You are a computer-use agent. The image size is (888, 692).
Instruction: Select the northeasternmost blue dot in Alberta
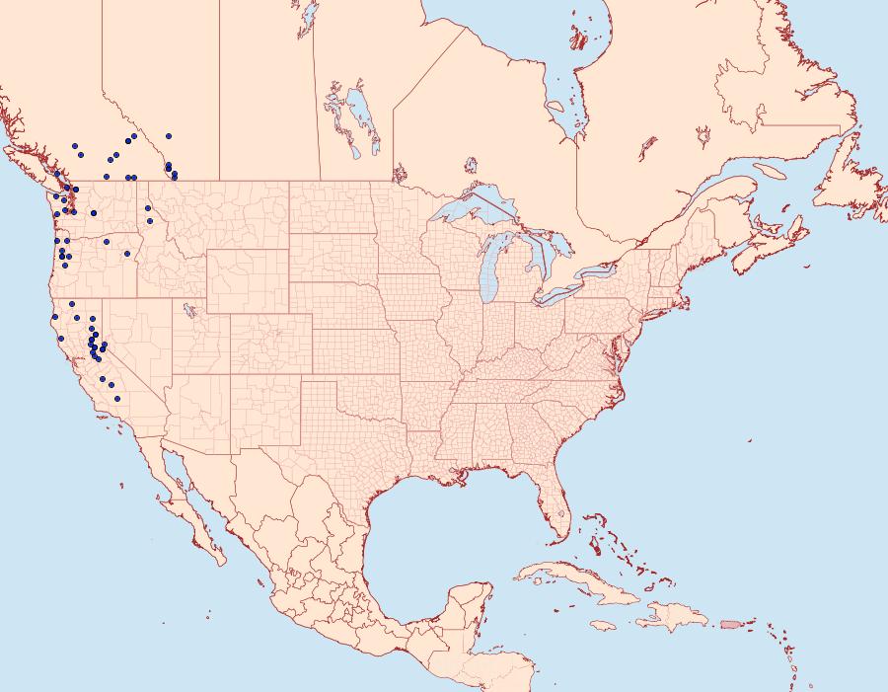click(170, 135)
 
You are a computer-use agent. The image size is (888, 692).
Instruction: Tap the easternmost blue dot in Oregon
click(127, 254)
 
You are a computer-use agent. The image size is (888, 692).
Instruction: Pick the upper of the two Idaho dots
click(148, 208)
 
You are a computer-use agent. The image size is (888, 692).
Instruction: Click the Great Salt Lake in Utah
click(185, 308)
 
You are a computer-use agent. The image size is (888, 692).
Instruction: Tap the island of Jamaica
click(605, 625)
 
